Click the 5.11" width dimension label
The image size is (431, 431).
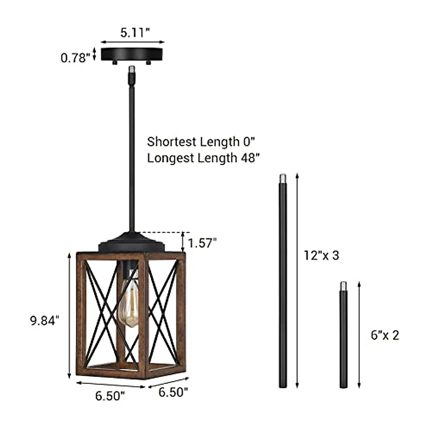pos(135,33)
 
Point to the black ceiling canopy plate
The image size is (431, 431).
pos(133,54)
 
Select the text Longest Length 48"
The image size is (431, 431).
pos(203,158)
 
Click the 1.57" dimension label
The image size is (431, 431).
pos(203,243)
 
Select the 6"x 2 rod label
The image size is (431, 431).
pos(385,335)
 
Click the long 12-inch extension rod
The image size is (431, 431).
pos(283,287)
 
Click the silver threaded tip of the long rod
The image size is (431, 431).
pos(283,178)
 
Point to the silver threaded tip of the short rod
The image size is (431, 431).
pos(343,286)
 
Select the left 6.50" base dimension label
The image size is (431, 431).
pos(110,396)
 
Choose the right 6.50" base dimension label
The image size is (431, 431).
pos(173,392)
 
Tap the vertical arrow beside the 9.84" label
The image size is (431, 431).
pos(69,315)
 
